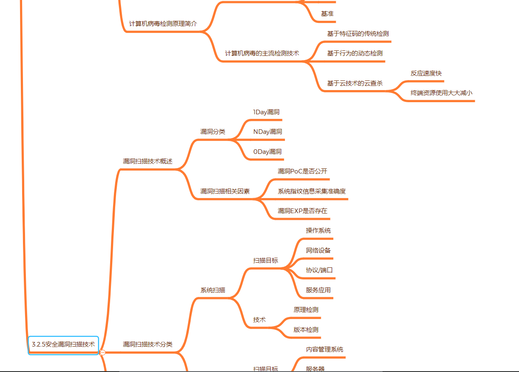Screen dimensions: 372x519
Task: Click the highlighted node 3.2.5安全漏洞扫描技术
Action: (63, 344)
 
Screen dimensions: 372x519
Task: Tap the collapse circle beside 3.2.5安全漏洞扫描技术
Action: (103, 352)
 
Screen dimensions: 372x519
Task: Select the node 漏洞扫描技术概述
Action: (147, 161)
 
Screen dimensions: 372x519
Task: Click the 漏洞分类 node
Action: (213, 132)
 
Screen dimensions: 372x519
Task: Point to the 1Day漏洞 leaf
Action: (266, 112)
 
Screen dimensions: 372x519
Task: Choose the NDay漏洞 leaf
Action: (267, 132)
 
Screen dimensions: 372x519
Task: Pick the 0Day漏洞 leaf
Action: (267, 152)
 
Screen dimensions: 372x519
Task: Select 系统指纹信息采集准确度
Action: (312, 191)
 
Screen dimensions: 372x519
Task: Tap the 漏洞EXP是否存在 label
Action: (302, 211)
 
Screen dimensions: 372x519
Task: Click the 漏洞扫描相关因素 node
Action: (225, 191)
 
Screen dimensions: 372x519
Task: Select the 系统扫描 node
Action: (213, 290)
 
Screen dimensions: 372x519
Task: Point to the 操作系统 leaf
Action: (318, 231)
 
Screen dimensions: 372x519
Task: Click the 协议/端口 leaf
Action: (319, 270)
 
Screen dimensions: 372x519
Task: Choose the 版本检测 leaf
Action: (306, 330)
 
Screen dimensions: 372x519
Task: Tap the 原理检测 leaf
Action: (306, 310)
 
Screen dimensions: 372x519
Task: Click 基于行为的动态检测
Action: (355, 53)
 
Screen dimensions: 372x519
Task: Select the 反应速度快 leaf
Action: (426, 73)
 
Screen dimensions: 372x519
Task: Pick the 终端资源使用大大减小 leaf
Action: (441, 93)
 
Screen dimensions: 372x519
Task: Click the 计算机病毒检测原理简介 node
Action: (163, 24)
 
